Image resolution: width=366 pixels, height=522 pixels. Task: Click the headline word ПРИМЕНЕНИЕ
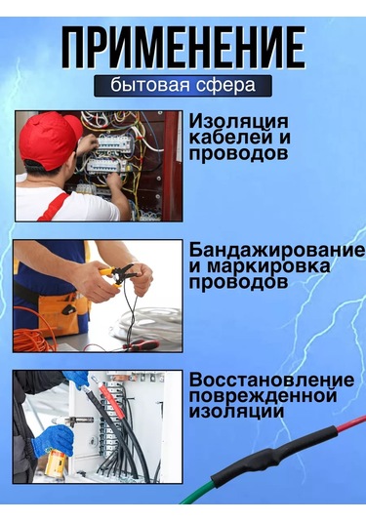pos(183,47)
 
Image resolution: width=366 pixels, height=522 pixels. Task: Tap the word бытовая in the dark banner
pos(146,85)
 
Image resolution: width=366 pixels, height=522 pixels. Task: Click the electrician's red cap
pos(50,138)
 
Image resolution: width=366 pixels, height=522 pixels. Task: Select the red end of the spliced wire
pos(342,426)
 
